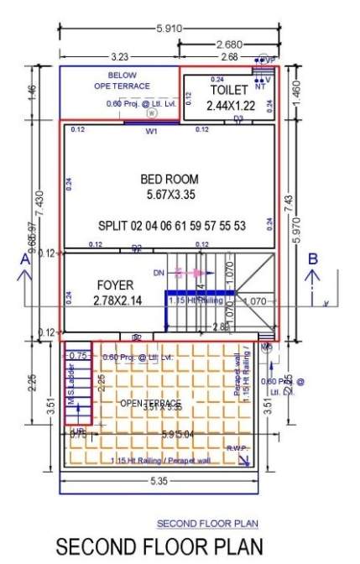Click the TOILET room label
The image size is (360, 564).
229,89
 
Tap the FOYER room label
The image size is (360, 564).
108,285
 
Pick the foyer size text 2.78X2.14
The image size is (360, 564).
110,300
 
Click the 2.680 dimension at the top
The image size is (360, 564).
230,44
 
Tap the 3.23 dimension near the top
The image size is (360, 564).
118,57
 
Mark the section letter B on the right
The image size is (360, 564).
313,259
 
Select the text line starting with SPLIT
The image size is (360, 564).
172,227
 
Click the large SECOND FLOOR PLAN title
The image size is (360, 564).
159,547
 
